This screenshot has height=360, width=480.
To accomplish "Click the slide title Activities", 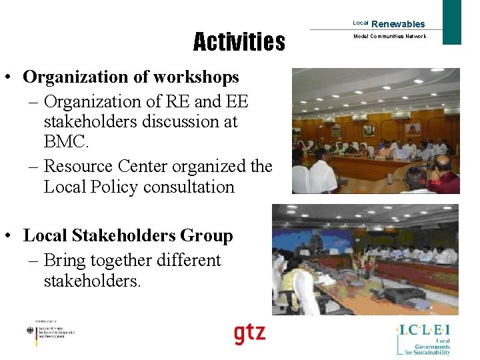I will [239, 43].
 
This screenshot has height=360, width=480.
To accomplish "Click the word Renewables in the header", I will [398, 24].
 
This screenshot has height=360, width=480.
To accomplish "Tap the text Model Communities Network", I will [389, 37].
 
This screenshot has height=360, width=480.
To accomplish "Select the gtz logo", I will [249, 333].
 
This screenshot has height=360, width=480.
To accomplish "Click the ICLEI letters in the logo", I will [425, 329].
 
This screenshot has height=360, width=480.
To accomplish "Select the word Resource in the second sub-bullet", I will [77, 165].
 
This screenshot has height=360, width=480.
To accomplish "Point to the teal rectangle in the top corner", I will [452, 22].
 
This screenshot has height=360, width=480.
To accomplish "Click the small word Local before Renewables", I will [360, 23].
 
